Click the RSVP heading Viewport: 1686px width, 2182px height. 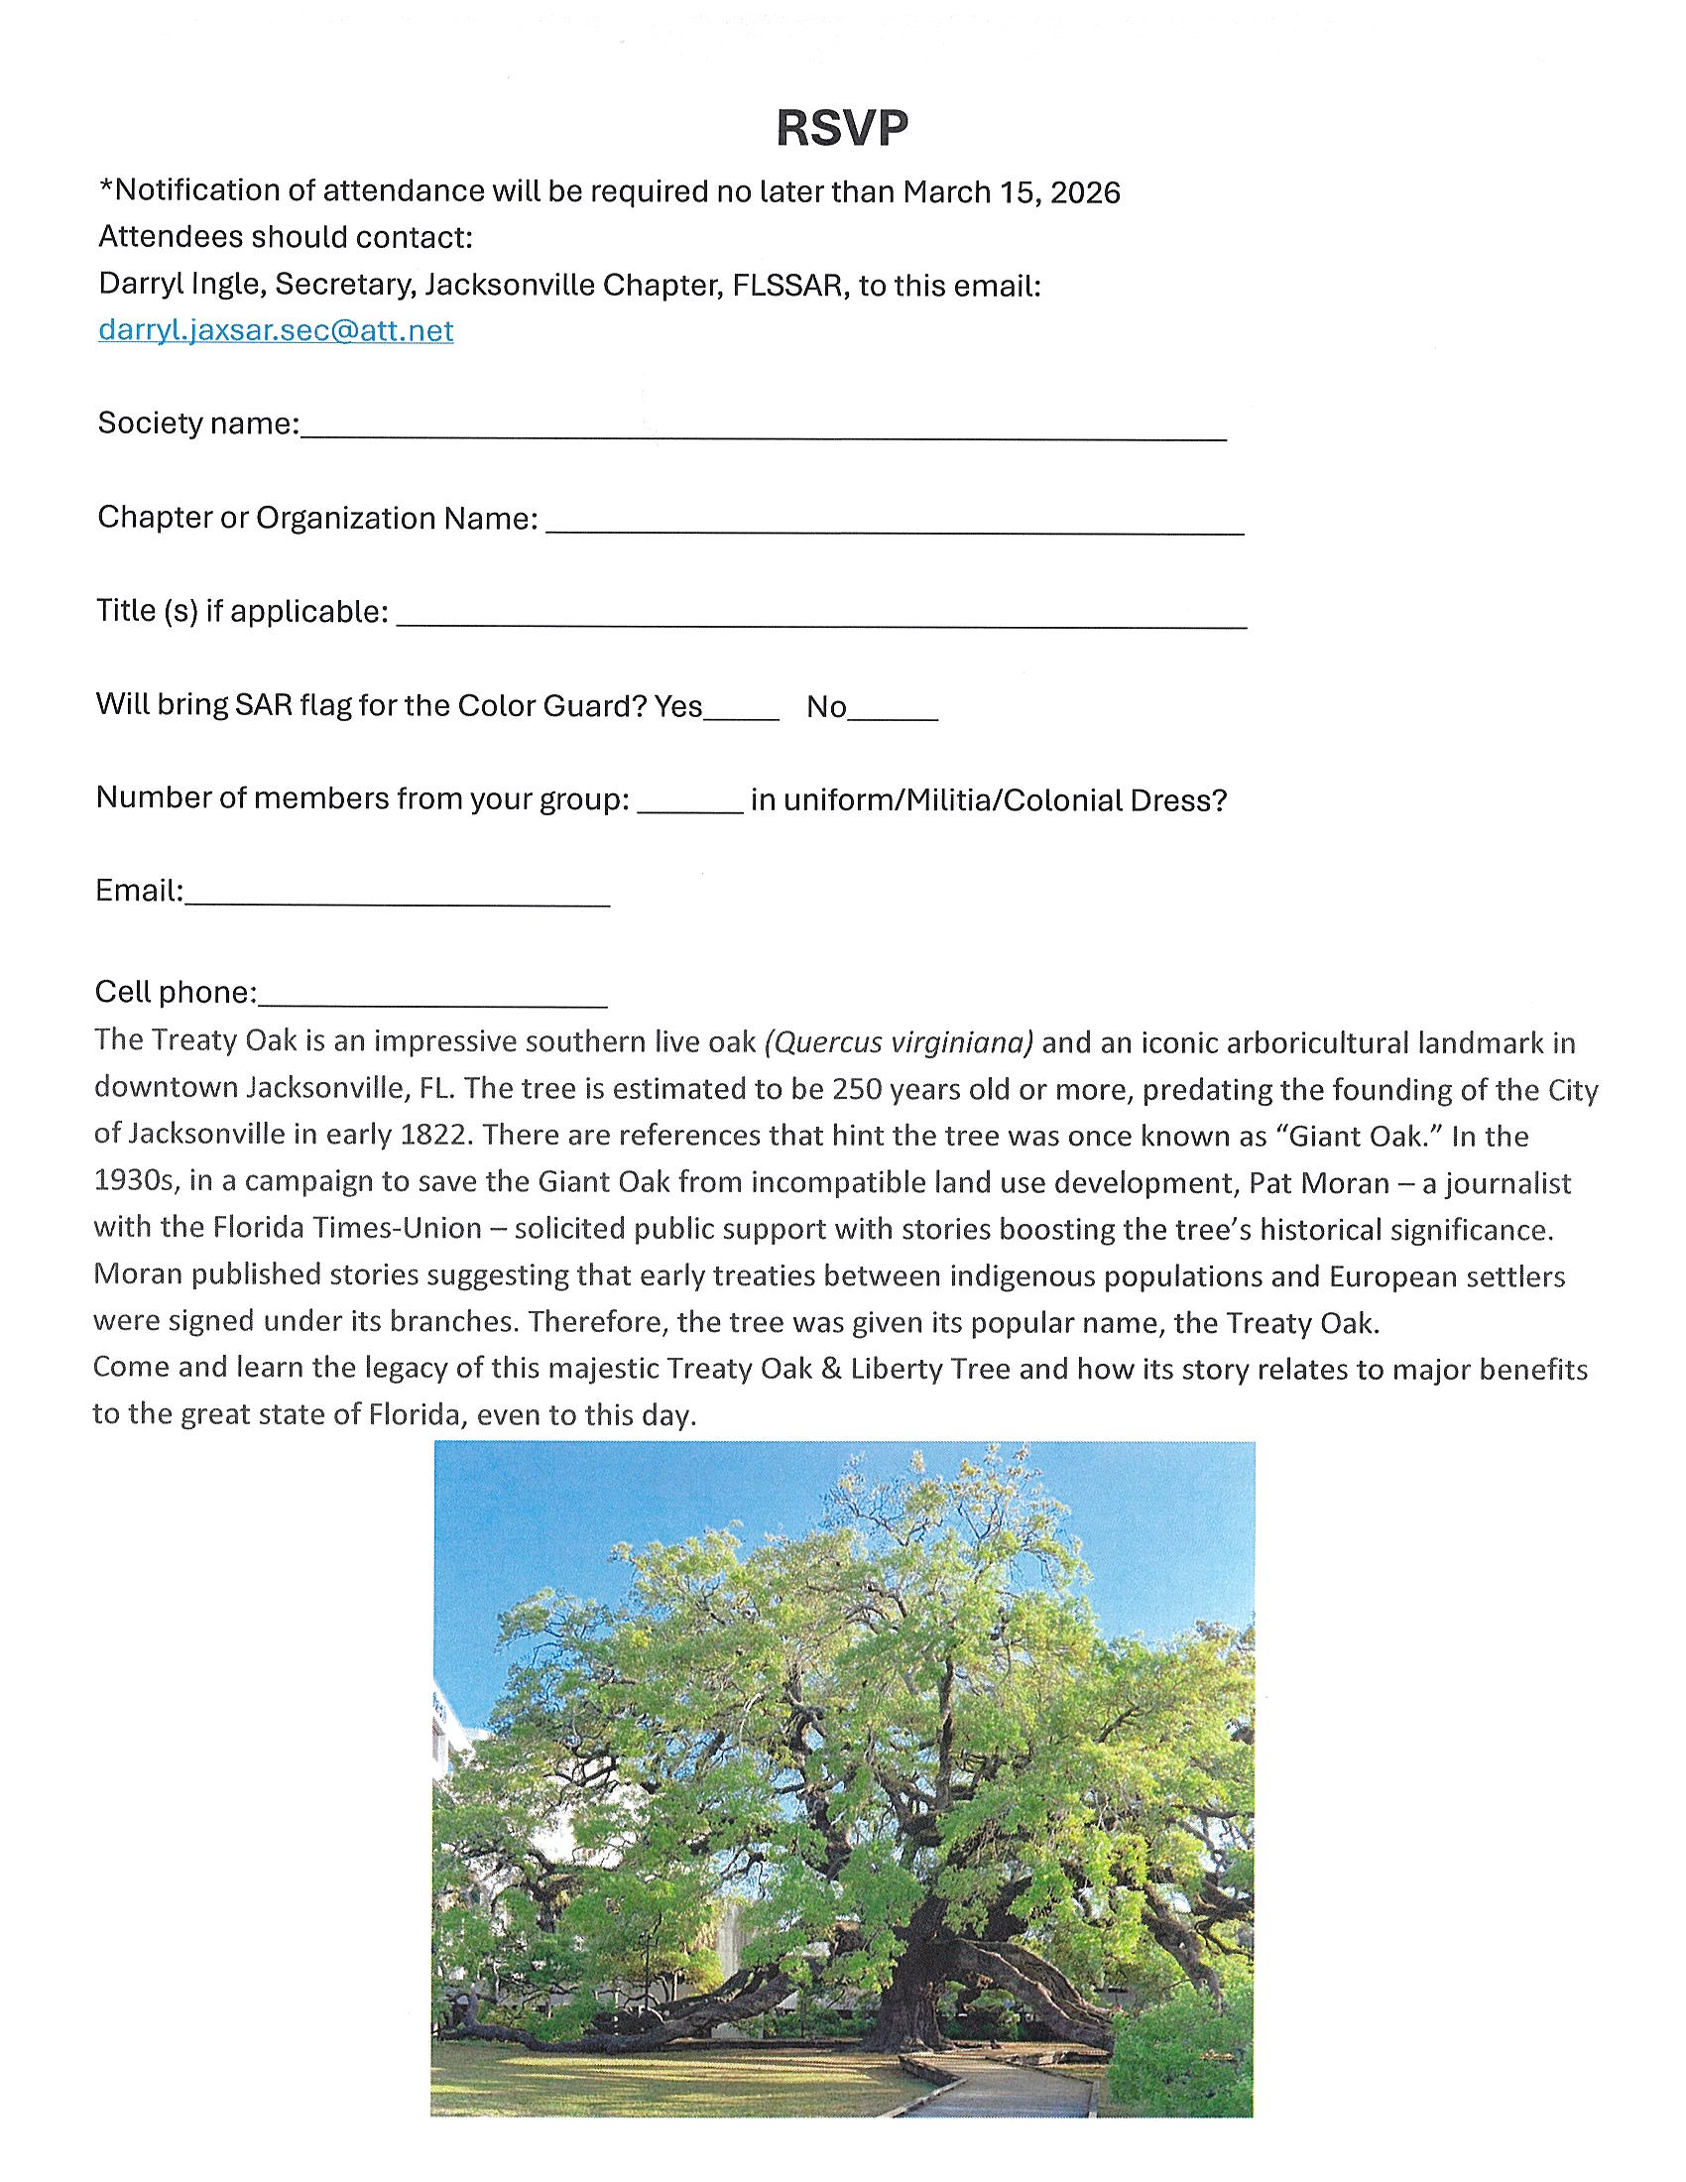tap(842, 128)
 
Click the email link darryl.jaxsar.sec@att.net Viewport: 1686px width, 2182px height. tap(276, 329)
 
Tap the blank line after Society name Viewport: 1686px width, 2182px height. tap(763, 431)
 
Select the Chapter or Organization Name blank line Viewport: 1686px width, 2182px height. tap(894, 527)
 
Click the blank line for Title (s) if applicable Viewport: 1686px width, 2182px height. tap(821, 620)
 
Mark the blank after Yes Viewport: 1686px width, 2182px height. tap(741, 713)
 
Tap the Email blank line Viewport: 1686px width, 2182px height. tap(397, 899)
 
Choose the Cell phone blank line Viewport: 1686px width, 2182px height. tap(431, 1000)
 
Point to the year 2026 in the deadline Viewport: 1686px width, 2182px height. tap(1085, 191)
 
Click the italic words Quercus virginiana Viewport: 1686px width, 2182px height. tap(899, 1042)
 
